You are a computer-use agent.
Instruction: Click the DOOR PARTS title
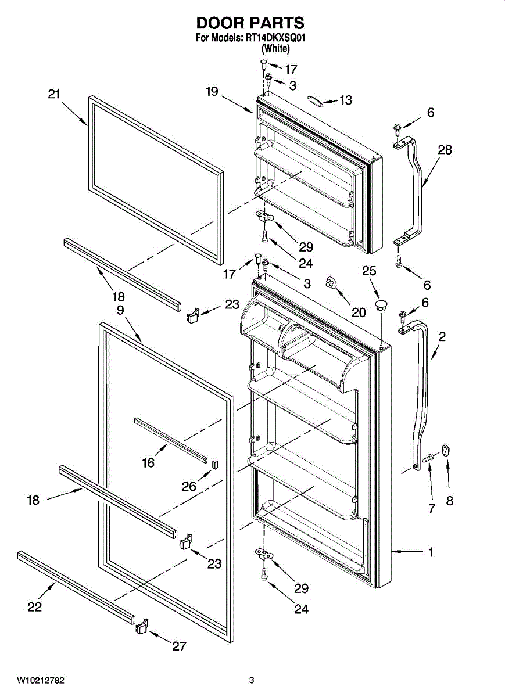tap(250, 23)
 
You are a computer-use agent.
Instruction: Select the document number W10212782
tap(41, 680)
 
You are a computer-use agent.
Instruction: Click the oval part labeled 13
tap(314, 101)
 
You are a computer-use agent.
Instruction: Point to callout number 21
tap(54, 94)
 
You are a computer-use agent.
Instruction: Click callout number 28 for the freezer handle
tap(445, 150)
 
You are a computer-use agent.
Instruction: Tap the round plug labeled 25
tap(381, 304)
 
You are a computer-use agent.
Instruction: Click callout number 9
tap(120, 310)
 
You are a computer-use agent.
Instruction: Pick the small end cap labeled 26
tap(214, 463)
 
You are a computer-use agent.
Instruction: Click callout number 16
tap(149, 462)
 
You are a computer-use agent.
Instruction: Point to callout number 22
tap(34, 607)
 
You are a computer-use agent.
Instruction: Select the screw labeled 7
tap(429, 458)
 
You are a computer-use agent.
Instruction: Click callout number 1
tap(431, 552)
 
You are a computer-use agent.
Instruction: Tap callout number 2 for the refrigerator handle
tap(442, 336)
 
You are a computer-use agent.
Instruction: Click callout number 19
tap(211, 91)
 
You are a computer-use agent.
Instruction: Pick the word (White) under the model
tap(276, 49)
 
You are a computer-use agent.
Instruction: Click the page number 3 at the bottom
tap(252, 680)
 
